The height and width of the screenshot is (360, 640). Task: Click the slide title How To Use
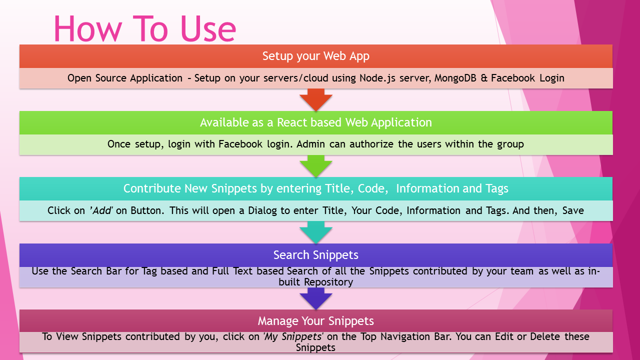pos(144,28)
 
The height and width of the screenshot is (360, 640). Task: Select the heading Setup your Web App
pos(316,56)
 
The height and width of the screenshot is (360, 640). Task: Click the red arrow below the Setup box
pos(316,99)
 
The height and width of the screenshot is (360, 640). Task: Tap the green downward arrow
pos(316,166)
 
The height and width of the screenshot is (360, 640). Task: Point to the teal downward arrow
pos(316,232)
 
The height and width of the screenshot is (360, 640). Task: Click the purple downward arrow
pos(316,299)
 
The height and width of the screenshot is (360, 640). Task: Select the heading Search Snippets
pos(316,255)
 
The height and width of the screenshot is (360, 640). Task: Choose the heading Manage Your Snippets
pos(316,320)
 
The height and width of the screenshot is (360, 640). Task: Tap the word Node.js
pos(375,78)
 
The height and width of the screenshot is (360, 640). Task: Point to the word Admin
pos(311,144)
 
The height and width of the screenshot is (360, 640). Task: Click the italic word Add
pos(102,210)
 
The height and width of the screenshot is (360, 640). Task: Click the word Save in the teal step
pos(573,210)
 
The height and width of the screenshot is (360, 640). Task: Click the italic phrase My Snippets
pos(293,336)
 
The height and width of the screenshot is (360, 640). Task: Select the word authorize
pos(372,144)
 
